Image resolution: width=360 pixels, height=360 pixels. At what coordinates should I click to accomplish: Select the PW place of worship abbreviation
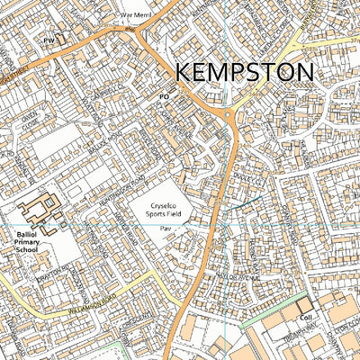(49, 40)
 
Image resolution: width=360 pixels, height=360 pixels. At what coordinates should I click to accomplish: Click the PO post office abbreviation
(164, 95)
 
